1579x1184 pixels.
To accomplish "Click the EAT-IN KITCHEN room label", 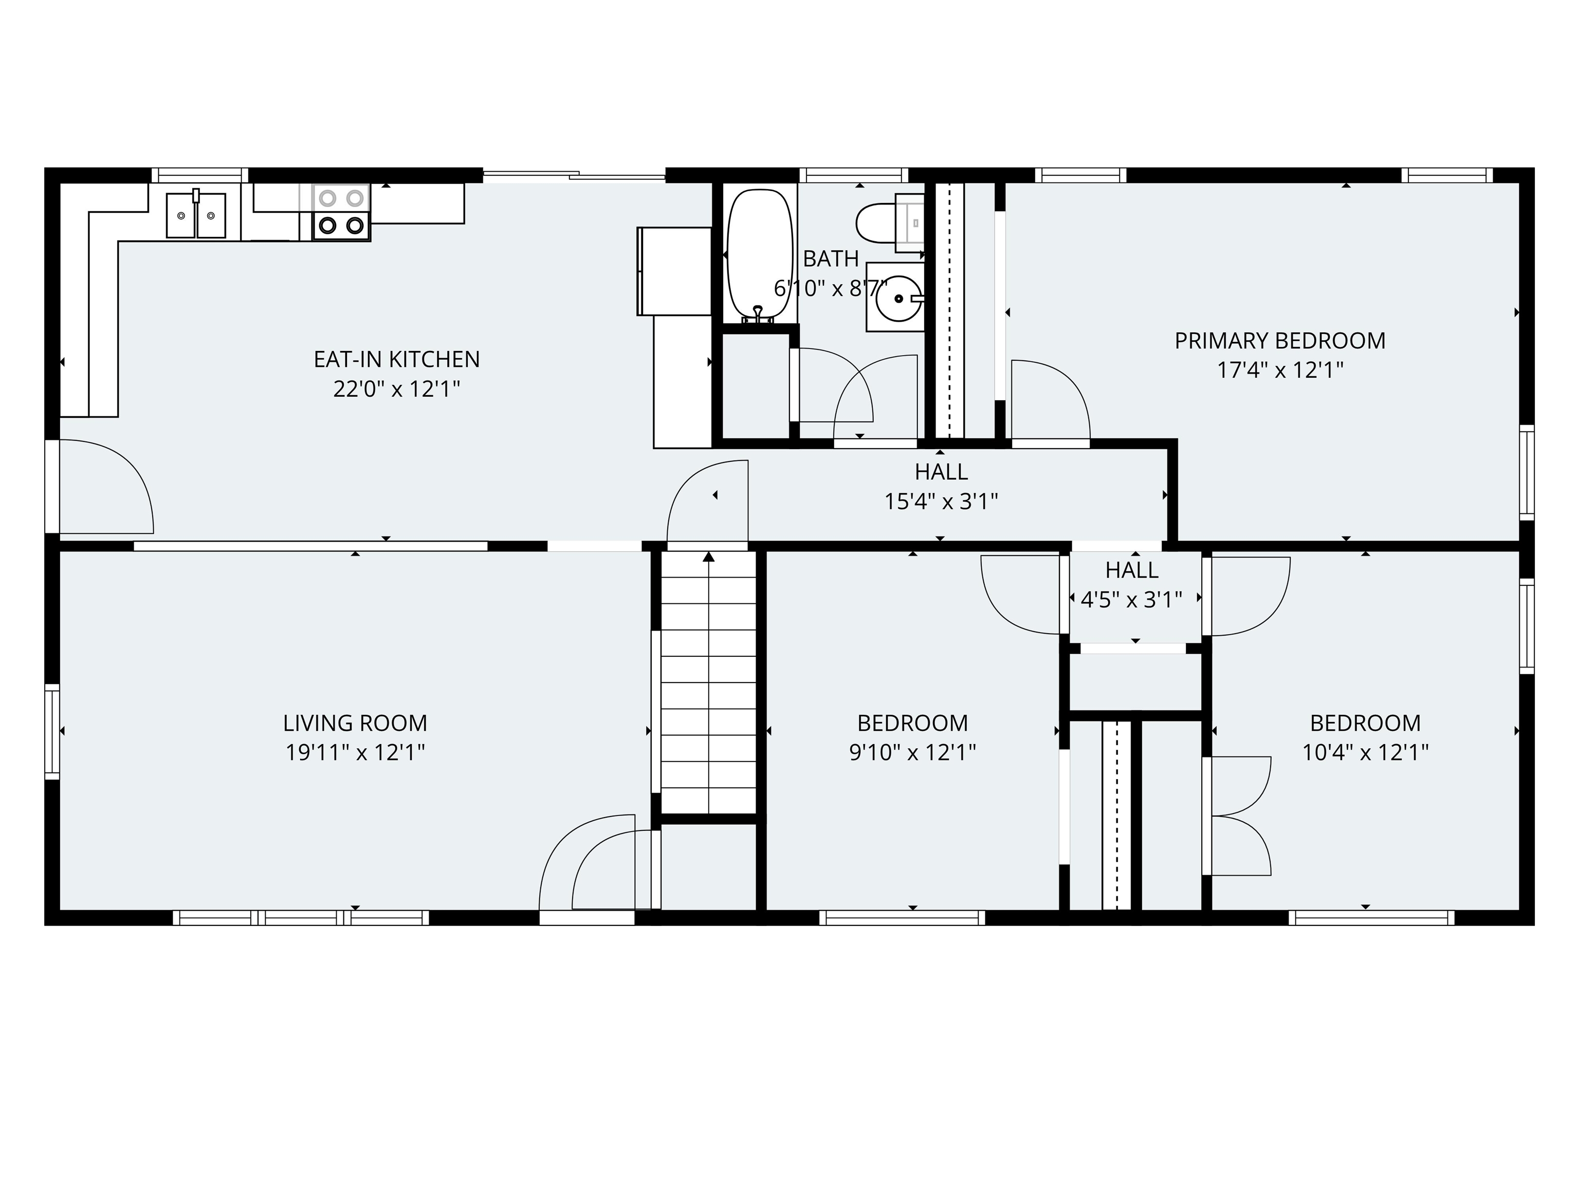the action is tap(396, 359).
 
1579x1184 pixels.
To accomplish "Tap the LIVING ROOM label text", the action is tap(355, 723).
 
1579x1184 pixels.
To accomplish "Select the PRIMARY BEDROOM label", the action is tap(1280, 340).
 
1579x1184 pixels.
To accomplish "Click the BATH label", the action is tap(830, 258).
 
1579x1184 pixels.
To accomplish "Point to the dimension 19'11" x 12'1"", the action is tap(355, 753).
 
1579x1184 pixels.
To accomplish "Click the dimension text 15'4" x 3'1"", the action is tap(941, 502).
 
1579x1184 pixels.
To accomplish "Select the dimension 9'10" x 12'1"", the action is tap(912, 753).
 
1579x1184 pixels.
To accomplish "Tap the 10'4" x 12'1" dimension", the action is tap(1365, 753).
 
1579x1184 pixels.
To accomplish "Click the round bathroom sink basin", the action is tap(897, 298).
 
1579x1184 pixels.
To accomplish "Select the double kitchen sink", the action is tap(196, 215).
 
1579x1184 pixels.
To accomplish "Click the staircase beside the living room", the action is tap(708, 682).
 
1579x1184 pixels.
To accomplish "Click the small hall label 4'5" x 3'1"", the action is tap(1131, 600).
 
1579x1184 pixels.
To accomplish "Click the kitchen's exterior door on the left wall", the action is tap(99, 486).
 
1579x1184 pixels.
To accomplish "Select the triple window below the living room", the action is tap(301, 918).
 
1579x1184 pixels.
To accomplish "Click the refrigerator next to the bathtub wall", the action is tap(674, 271).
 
